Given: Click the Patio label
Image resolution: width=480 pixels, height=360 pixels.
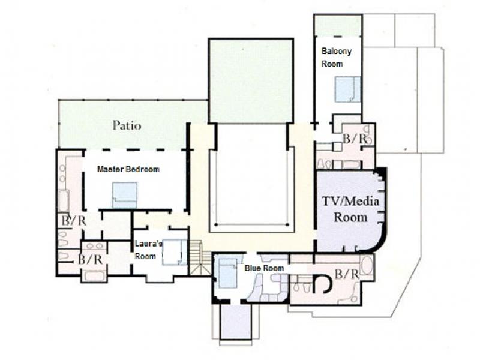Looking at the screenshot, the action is [x=127, y=125].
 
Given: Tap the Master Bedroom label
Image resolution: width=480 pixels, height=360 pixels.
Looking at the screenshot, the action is [x=128, y=169].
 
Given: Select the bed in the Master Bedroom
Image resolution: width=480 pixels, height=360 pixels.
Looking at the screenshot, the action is [x=125, y=196].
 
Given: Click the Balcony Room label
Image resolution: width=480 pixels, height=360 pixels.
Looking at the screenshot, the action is [x=337, y=57].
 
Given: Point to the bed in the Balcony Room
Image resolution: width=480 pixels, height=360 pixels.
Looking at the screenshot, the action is [x=348, y=89].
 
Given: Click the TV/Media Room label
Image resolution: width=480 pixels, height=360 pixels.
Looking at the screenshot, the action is [x=351, y=209].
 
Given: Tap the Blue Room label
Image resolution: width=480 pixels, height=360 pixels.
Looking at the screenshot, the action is [x=264, y=268].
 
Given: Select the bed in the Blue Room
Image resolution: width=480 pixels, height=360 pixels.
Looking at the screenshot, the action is [x=228, y=273].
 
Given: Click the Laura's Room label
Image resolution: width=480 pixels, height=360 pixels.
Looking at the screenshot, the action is [x=148, y=250].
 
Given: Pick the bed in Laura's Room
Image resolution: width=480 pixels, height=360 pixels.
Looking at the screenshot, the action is [x=174, y=252].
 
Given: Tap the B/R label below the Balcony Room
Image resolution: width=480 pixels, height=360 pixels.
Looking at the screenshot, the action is [x=355, y=139].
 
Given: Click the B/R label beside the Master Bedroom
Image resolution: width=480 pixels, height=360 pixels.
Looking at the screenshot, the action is [x=74, y=220].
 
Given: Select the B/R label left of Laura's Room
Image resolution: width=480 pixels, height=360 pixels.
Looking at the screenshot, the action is [x=90, y=259].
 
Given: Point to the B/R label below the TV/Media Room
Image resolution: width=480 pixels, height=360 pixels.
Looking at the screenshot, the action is [x=347, y=274].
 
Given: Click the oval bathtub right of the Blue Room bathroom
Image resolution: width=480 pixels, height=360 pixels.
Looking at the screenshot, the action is [x=367, y=265].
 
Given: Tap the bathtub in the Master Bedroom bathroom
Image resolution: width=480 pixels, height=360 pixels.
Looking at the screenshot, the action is [x=64, y=200].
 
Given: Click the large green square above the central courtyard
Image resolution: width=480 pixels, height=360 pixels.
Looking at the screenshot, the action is [x=251, y=80].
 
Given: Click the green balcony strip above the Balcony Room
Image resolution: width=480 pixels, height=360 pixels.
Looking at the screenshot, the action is [x=338, y=25].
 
